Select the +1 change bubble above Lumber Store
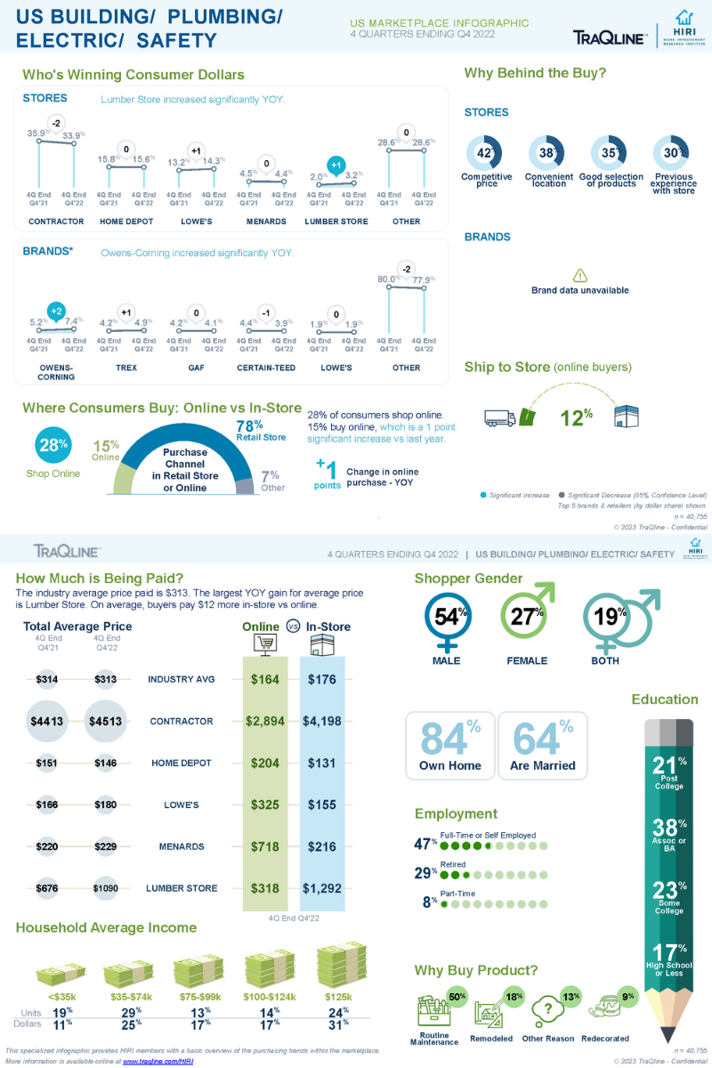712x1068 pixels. (336, 165)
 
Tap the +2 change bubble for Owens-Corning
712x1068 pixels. (55, 311)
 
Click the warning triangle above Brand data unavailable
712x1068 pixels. (579, 275)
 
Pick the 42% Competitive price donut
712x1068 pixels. (485, 153)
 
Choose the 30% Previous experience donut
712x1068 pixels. (672, 153)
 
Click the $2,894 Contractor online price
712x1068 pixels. (265, 721)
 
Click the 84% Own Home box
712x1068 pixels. (449, 746)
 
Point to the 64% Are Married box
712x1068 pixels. (542, 746)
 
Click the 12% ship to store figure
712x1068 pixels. (576, 417)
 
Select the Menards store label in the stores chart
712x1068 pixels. (266, 222)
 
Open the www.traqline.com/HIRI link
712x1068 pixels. (158, 1061)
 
